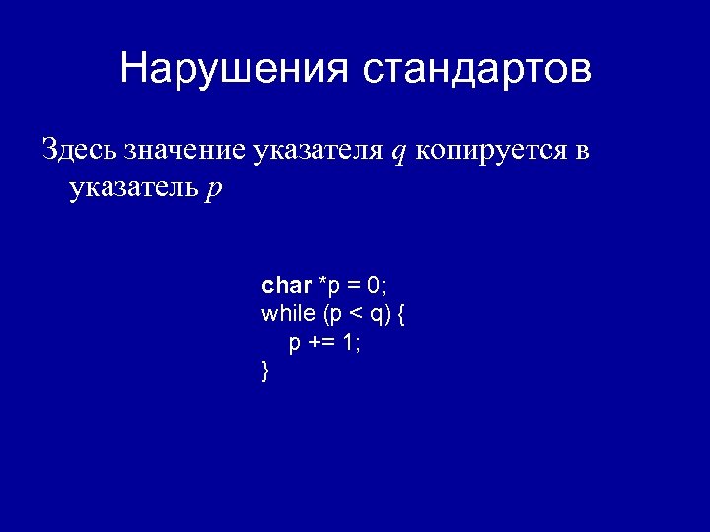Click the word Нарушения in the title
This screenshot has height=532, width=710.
(x=235, y=69)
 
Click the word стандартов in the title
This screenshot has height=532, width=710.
(x=476, y=69)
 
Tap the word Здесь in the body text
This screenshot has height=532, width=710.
(x=80, y=151)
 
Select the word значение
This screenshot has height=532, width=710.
(x=185, y=151)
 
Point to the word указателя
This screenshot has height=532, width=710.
(x=318, y=151)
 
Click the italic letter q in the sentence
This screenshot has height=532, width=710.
(x=398, y=153)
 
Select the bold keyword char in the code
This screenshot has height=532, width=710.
(x=286, y=286)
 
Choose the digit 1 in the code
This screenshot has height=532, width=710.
(x=348, y=343)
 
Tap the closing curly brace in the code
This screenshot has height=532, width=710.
(x=265, y=371)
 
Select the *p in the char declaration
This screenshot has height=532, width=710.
(x=328, y=287)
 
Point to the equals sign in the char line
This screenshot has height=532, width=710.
(x=352, y=287)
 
